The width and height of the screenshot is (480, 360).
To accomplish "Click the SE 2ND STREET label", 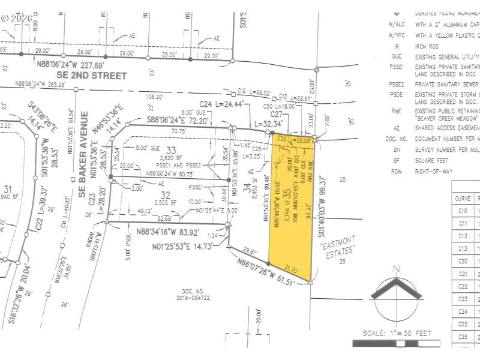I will coord(92,76).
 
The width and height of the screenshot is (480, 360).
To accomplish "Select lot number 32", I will coord(166,194).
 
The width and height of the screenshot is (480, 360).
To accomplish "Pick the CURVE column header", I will coord(463,198).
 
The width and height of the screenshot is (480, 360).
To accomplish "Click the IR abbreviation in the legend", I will coord(397,46).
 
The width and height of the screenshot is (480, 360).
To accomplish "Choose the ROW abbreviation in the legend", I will coord(396,171).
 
